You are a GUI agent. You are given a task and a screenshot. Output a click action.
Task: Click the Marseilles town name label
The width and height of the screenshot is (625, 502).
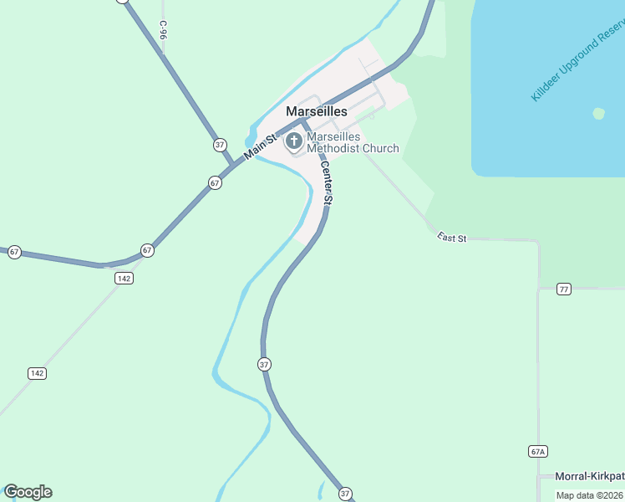click(x=316, y=111)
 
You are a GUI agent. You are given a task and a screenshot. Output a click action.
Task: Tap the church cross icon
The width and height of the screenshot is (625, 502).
click(x=294, y=141)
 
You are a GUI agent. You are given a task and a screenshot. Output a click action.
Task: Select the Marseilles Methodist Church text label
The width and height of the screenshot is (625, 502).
click(x=352, y=142)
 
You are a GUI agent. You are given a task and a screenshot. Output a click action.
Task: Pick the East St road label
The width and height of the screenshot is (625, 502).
click(x=451, y=238)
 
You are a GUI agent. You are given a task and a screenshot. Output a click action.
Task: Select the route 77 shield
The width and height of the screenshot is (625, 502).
click(x=564, y=289)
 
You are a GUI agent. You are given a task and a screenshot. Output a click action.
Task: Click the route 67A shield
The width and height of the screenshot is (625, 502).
click(x=537, y=452)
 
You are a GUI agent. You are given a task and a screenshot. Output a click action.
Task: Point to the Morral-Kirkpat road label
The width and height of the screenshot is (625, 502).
click(x=590, y=476)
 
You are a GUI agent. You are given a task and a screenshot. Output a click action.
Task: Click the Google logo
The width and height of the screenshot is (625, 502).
click(x=28, y=492)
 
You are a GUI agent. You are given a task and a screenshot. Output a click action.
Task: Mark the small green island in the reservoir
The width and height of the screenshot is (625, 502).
click(x=598, y=113)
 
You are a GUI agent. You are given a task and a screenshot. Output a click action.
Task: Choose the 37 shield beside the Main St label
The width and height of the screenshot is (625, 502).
click(x=220, y=145)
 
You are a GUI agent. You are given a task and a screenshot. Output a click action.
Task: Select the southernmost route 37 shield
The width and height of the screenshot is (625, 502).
click(x=346, y=494)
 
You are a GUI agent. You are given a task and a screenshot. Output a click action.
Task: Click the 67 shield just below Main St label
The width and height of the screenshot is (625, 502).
click(x=215, y=183)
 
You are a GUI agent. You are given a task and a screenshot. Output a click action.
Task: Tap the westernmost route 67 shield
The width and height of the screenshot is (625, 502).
click(x=14, y=252)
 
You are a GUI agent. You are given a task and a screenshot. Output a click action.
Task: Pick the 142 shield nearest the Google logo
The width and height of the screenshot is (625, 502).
click(x=37, y=373)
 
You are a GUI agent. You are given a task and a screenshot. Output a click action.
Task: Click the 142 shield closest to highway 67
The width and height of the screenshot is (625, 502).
click(x=124, y=279)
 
